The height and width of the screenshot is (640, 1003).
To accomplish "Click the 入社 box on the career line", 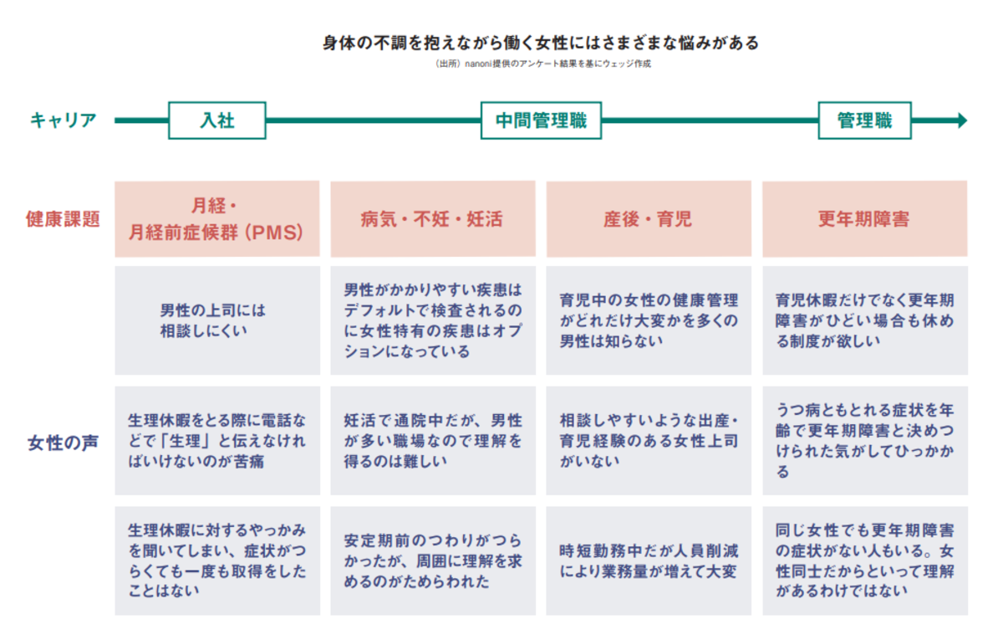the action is [x=217, y=120].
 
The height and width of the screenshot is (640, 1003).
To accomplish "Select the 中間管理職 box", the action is [x=541, y=120].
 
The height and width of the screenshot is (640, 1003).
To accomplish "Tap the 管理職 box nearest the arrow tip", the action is [x=864, y=120].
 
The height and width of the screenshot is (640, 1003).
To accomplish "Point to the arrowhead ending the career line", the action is [x=962, y=120].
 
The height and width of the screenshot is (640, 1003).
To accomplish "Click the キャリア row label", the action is [x=64, y=120].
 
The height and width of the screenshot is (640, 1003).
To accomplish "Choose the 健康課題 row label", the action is [x=63, y=219].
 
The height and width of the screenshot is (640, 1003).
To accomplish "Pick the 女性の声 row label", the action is [x=63, y=443].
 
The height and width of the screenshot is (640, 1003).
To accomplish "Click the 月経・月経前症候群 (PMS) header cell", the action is [x=217, y=218].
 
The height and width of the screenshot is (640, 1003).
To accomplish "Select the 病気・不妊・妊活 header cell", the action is [x=433, y=218].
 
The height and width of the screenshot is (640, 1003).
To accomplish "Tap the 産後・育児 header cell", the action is [x=649, y=218].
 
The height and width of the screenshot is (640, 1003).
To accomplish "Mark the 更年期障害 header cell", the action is [x=865, y=218].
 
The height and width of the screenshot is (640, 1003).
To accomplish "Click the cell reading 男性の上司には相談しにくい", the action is [x=217, y=320].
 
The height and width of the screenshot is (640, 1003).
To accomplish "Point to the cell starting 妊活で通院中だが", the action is [x=433, y=441].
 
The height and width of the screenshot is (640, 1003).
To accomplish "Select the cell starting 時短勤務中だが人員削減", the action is [x=649, y=561].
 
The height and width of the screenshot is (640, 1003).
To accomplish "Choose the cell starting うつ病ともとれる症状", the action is [x=865, y=441].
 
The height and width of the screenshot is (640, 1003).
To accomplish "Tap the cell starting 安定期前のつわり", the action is [x=433, y=561].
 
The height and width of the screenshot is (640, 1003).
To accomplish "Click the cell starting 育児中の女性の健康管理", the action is [x=649, y=320].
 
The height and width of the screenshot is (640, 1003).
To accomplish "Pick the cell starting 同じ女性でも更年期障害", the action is [x=865, y=561].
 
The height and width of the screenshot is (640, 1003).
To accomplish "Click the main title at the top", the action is [x=541, y=43].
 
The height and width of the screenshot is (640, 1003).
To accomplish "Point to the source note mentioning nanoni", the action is [x=543, y=64].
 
